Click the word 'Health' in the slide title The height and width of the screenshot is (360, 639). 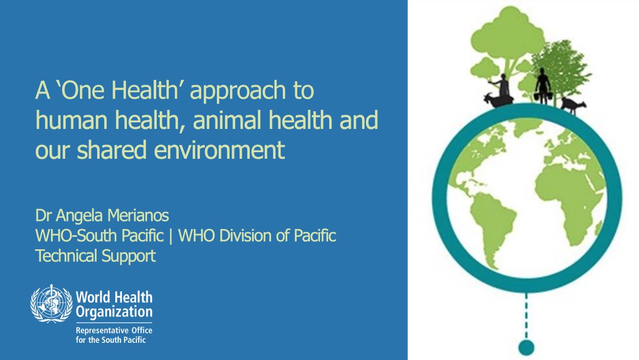[x=149, y=90]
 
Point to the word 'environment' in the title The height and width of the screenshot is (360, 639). [x=219, y=150]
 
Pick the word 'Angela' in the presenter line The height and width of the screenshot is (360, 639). [x=79, y=216]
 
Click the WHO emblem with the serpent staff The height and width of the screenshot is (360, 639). [x=51, y=304]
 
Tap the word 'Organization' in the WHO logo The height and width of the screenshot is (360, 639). [x=114, y=312]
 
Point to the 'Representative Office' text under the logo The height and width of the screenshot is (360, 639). [x=114, y=330]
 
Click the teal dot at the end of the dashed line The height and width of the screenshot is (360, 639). [x=526, y=348]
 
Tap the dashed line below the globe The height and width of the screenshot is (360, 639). [x=526, y=316]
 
